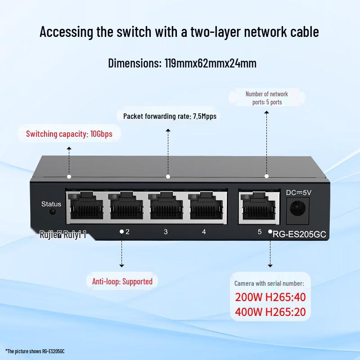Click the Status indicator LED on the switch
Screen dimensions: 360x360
tap(53, 211)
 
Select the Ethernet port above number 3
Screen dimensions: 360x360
tap(166, 206)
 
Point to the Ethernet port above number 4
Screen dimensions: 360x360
tap(206, 206)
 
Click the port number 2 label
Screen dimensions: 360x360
tap(128, 232)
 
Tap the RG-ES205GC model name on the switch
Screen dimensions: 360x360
tap(299, 234)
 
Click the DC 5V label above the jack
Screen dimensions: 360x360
tap(299, 193)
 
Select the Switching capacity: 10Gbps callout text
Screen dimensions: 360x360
tap(69, 134)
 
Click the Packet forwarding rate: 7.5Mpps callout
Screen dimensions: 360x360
tap(170, 116)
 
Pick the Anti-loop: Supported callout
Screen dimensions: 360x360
tap(122, 282)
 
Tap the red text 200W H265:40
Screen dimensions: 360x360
tap(270, 297)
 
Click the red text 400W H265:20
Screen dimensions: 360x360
tap(270, 312)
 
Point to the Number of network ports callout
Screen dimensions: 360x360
tap(267, 98)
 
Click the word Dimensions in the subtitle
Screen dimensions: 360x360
tap(135, 63)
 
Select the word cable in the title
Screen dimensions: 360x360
tap(305, 31)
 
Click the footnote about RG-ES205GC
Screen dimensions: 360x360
tap(35, 351)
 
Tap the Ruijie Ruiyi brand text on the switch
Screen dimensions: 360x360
tap(63, 234)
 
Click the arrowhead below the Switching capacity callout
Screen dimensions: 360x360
tap(69, 148)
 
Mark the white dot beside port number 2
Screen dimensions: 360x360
tap(121, 232)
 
